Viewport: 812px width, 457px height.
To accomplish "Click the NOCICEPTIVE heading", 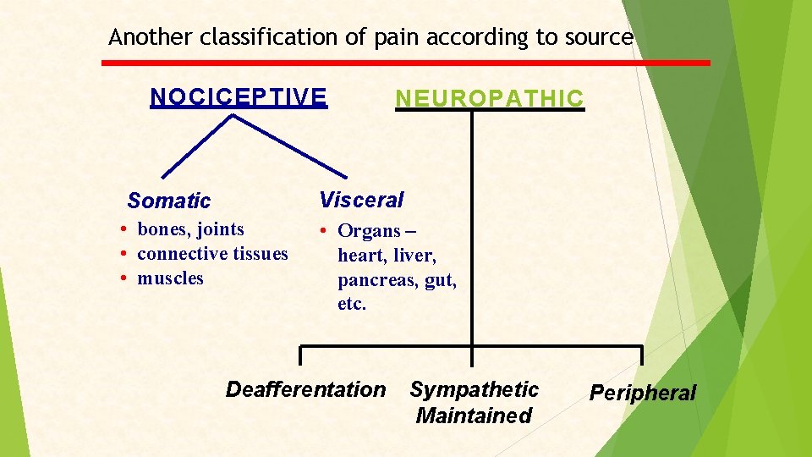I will click(238, 97).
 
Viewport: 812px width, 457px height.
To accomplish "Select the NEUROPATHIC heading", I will click(489, 99).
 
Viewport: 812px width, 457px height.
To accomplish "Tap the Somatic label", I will click(168, 201).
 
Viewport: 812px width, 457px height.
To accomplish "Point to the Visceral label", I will click(361, 200).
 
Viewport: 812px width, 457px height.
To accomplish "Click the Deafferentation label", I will click(304, 389).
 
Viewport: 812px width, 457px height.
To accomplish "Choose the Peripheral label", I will click(642, 393).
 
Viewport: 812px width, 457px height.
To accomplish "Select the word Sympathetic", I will click(474, 389).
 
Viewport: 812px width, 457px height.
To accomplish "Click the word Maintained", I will click(474, 416).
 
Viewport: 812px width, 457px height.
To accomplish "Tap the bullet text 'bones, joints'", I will click(190, 229).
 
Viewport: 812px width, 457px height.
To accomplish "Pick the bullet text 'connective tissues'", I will click(212, 254).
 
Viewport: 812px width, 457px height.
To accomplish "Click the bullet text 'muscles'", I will click(170, 278).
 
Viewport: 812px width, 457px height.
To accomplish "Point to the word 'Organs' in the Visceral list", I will click(369, 231).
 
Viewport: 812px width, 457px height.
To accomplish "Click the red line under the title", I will click(406, 63).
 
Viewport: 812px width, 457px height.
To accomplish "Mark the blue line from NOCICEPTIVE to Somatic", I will click(196, 146).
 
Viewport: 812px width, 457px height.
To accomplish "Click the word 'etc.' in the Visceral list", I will click(352, 304).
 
